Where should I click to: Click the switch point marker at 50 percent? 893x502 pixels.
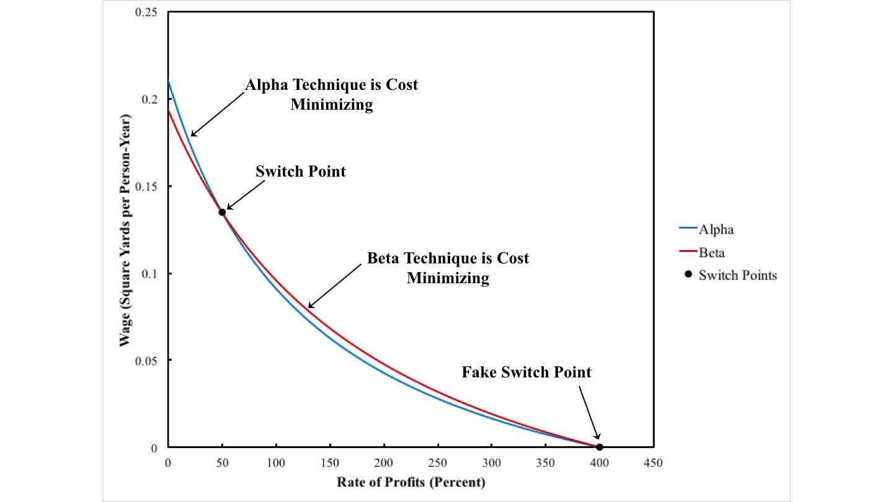click(x=222, y=212)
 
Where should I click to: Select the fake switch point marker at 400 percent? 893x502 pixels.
click(x=599, y=447)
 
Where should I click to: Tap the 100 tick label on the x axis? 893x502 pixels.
click(x=276, y=462)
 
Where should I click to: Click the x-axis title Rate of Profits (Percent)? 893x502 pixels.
click(x=411, y=482)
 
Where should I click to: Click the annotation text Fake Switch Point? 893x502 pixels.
click(x=526, y=372)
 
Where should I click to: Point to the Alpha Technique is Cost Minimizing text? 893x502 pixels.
click(x=332, y=94)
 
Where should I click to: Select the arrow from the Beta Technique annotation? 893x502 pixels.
click(x=335, y=285)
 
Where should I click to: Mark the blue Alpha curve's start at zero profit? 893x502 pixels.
click(x=169, y=81)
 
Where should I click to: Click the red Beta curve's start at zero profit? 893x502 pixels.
click(x=169, y=111)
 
